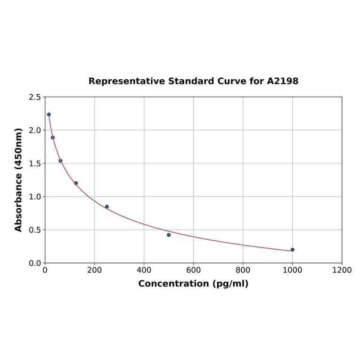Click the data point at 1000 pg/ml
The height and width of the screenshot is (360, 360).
tap(292, 250)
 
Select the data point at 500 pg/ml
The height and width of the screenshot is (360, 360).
tap(169, 235)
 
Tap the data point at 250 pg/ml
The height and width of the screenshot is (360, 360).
tap(107, 207)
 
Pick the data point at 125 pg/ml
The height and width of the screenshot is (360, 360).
tap(76, 183)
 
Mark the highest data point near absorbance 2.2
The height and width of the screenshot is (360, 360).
tap(49, 115)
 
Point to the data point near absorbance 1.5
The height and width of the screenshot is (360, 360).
tap(60, 161)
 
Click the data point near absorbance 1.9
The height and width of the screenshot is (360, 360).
tap(53, 138)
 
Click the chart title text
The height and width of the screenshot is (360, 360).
tap(193, 82)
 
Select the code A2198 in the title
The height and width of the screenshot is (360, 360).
tap(283, 82)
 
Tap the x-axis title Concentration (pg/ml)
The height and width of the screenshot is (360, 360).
tap(193, 284)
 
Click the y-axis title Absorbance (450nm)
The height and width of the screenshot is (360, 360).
tap(19, 180)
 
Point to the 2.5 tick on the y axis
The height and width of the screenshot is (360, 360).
tap(35, 97)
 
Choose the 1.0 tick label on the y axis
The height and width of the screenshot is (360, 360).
tap(35, 196)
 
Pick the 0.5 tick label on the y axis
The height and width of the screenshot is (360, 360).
tap(35, 230)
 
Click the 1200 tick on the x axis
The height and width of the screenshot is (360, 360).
tap(342, 270)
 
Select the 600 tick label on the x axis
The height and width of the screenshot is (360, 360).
tap(193, 270)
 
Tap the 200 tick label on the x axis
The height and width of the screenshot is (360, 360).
tap(94, 270)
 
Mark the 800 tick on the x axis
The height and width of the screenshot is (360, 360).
tap(243, 270)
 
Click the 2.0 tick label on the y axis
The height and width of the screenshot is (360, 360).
tap(35, 130)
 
